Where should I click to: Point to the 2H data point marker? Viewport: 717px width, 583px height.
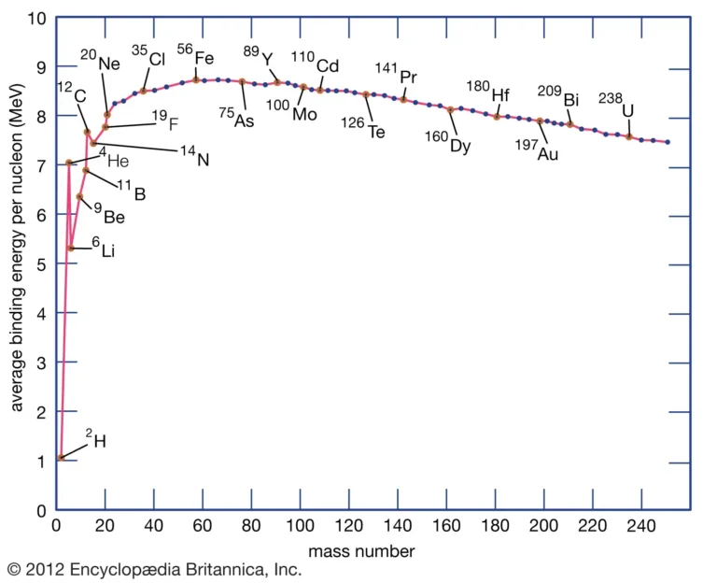[61, 458]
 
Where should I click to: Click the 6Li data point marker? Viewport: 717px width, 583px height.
[71, 248]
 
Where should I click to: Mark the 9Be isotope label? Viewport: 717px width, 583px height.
[108, 214]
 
